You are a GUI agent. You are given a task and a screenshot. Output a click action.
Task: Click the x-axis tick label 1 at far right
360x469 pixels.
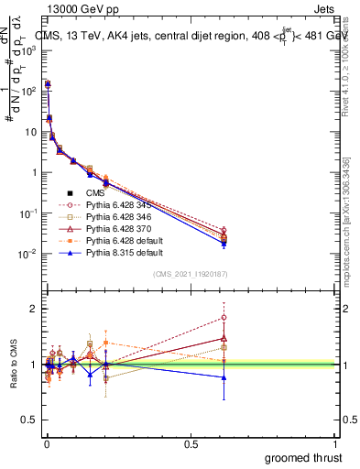336,442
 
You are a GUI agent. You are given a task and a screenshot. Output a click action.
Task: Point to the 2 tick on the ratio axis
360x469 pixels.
33,309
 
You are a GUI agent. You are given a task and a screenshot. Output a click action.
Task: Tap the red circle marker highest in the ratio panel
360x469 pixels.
224,318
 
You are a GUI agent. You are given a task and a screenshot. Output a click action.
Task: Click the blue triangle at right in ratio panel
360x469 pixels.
224,377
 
